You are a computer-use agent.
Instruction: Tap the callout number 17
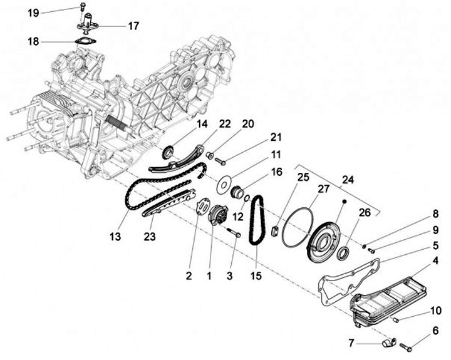pos(133,26)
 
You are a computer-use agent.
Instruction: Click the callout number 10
pos(435,311)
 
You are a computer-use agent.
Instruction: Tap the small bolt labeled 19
pos(83,8)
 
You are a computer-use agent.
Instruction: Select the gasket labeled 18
pos(82,42)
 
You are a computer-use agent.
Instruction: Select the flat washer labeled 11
pos(222,185)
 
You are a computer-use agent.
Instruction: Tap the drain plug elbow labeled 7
pos(388,343)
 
